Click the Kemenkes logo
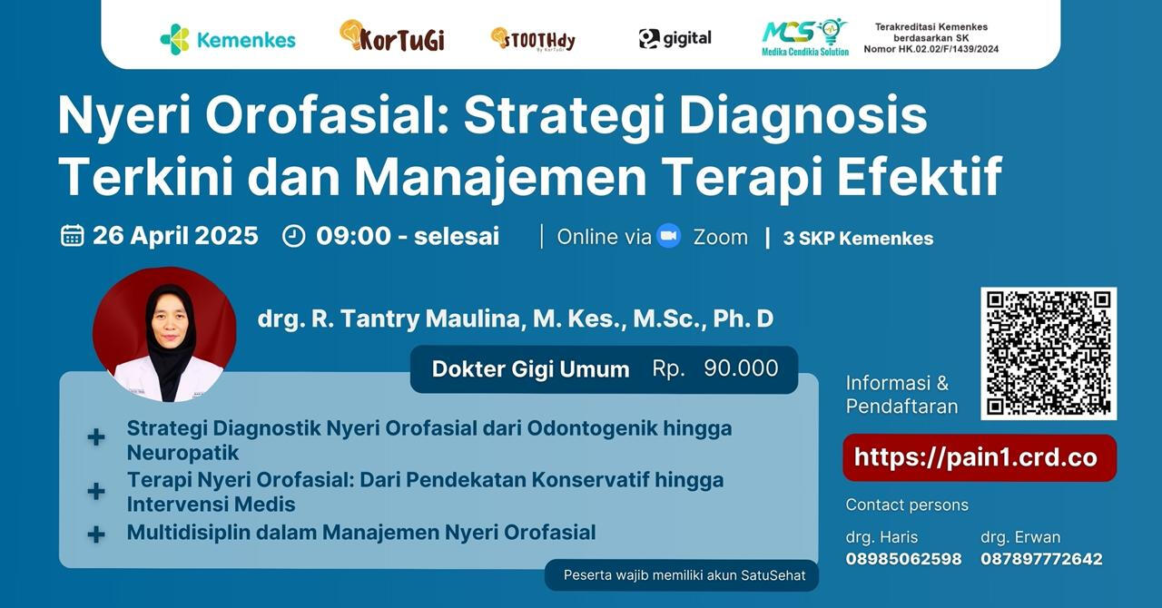[228, 39]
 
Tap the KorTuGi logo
[392, 35]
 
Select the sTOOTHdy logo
[533, 39]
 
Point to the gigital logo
[675, 38]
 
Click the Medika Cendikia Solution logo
[805, 37]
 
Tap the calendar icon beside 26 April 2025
[72, 236]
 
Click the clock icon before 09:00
[293, 236]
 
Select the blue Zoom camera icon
[669, 236]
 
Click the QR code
[1049, 353]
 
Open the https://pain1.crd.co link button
[980, 457]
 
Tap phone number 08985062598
[903, 559]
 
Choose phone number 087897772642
[1041, 559]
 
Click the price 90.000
[741, 368]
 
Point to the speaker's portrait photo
[164, 335]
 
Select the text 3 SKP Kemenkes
[858, 238]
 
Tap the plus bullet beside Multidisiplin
[96, 534]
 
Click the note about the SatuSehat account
[684, 575]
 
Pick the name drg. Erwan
[1020, 537]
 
